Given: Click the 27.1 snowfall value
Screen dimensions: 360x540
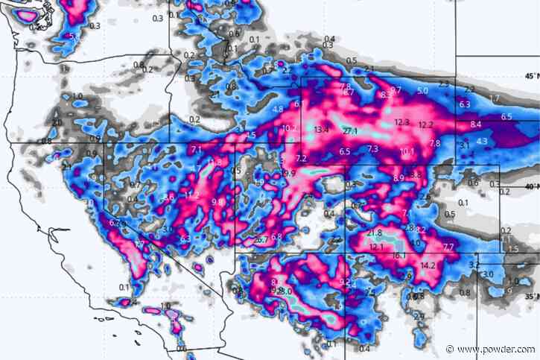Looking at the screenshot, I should [351, 131].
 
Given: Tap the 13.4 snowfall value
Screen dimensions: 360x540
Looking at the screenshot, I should [322, 130].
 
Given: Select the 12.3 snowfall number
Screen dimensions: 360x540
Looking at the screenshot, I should [402, 122].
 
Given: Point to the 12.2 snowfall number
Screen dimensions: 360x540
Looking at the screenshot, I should [427, 124].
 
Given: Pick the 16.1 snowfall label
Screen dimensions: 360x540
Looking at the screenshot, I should [399, 256].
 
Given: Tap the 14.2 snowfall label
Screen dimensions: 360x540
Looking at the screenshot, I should [428, 265].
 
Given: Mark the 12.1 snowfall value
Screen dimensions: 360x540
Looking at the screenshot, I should [376, 247].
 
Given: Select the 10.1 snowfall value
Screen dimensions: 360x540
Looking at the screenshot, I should [407, 152].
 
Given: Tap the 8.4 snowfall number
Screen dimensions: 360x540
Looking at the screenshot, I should [476, 124].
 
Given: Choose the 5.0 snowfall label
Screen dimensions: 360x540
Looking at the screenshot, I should [422, 91].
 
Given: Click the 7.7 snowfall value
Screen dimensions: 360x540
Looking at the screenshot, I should [448, 247].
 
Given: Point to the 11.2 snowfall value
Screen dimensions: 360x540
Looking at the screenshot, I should [192, 195].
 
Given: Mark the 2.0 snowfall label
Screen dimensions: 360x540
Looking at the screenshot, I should [57, 122].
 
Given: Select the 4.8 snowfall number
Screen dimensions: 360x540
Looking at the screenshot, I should [278, 109].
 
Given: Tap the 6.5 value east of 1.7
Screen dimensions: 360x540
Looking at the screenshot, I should [506, 117].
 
